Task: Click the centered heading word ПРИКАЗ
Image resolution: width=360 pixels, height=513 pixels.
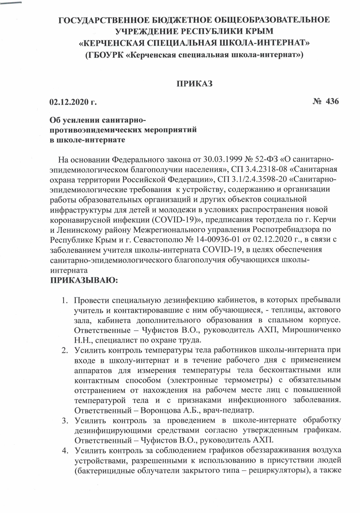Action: click(x=194, y=83)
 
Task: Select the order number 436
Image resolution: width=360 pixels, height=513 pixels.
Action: click(x=332, y=101)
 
